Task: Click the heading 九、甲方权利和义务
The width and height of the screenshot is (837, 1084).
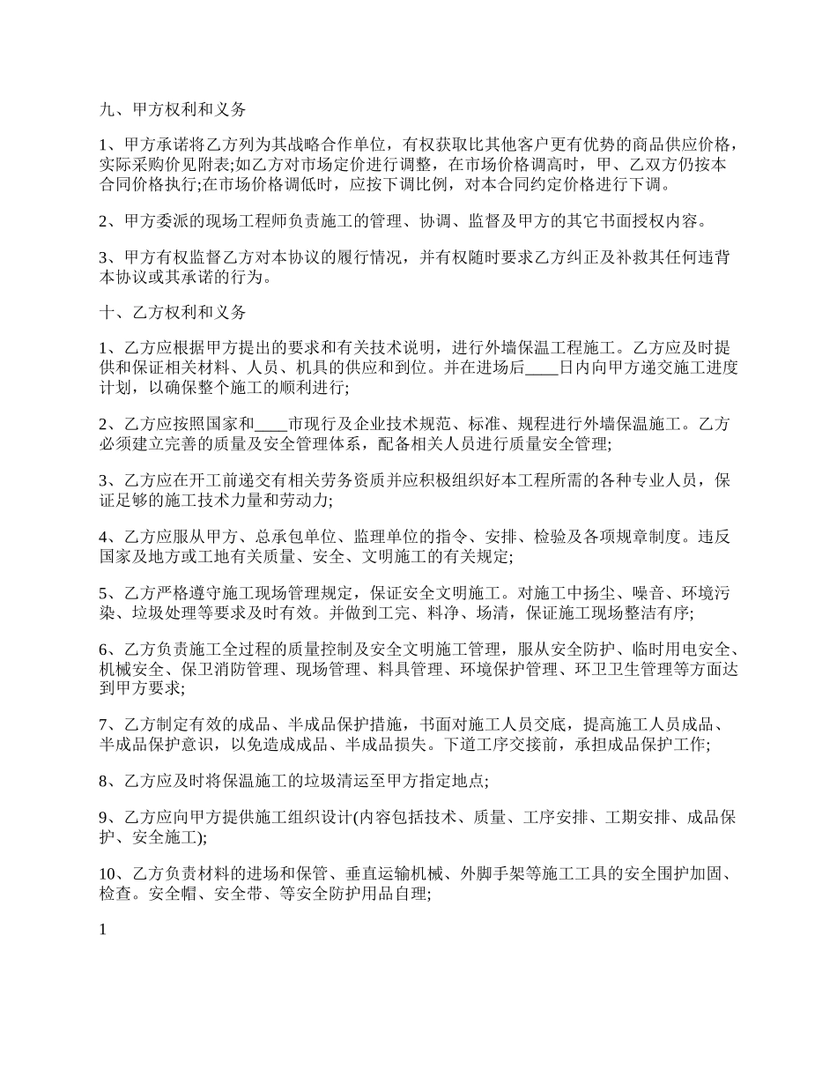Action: coord(173,110)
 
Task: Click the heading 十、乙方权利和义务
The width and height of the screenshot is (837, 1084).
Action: coord(173,313)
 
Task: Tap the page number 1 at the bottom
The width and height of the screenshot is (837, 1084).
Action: coord(102,928)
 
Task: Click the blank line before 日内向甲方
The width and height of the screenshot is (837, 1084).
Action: coord(540,368)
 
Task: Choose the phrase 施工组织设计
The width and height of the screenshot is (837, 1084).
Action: coord(301,817)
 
